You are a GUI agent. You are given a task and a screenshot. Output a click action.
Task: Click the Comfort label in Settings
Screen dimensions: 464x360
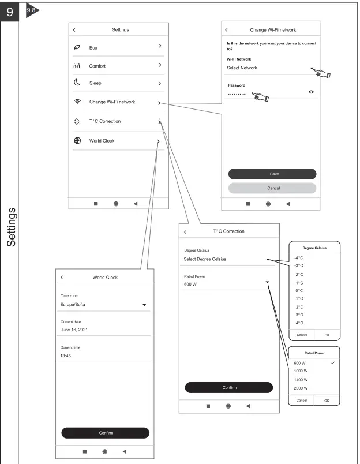pyautogui.click(x=97, y=66)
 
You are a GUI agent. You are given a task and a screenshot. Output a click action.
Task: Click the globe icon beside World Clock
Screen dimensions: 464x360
pyautogui.click(x=77, y=141)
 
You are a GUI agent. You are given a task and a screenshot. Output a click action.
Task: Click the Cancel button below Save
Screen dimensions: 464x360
pyautogui.click(x=272, y=188)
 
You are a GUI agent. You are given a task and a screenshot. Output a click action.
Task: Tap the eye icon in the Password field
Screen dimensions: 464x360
pyautogui.click(x=312, y=92)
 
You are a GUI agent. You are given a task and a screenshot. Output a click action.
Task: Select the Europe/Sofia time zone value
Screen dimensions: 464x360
pyautogui.click(x=73, y=304)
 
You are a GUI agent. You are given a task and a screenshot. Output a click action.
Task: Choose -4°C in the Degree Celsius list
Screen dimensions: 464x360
pyautogui.click(x=299, y=257)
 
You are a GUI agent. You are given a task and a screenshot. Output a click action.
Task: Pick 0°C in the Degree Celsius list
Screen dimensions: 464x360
pyautogui.click(x=299, y=290)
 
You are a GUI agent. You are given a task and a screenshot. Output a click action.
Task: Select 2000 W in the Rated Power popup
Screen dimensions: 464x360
pyautogui.click(x=301, y=388)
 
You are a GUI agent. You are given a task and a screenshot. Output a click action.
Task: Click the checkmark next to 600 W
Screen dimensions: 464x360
pyautogui.click(x=333, y=362)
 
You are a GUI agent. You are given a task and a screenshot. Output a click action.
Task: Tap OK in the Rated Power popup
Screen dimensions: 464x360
pyautogui.click(x=327, y=400)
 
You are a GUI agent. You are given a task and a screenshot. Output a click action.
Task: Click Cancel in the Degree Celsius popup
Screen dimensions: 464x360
pyautogui.click(x=301, y=334)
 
